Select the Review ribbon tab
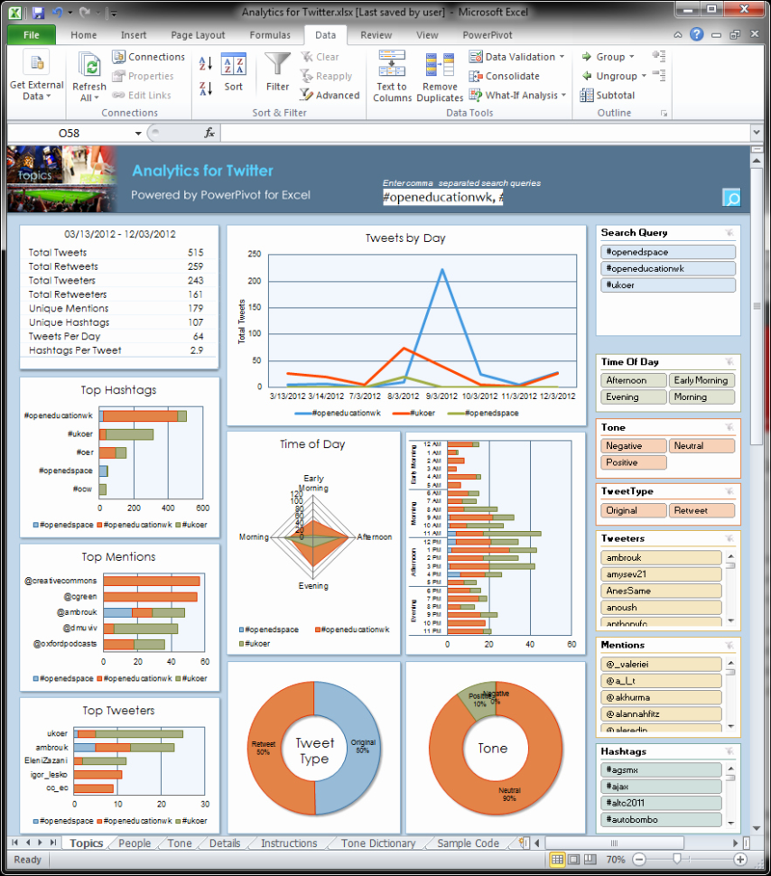(376, 35)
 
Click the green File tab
(32, 35)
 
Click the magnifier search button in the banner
(731, 199)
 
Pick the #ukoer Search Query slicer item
(668, 285)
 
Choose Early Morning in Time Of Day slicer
(701, 380)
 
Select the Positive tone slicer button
(633, 462)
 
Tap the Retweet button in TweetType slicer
(701, 510)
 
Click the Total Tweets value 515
(195, 253)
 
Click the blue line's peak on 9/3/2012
(442, 269)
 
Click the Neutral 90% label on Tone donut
(508, 792)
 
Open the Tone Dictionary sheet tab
(377, 843)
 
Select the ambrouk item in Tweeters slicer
(661, 558)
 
